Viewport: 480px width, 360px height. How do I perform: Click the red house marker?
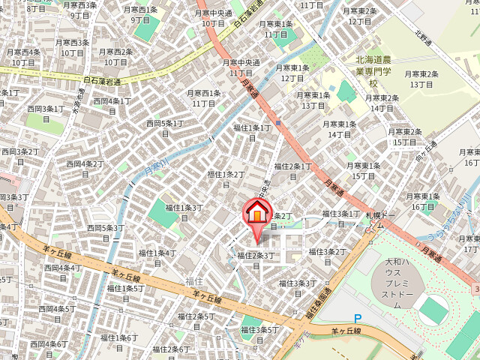point(256,212)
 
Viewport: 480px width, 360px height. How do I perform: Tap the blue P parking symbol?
point(357,319)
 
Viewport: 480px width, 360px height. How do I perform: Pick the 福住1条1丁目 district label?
point(253,133)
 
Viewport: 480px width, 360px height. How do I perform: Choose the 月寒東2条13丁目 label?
point(421,79)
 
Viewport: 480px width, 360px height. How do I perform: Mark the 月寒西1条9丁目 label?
point(141,15)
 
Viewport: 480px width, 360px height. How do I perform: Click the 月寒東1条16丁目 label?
point(423,202)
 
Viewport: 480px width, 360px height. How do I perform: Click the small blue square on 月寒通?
point(277,123)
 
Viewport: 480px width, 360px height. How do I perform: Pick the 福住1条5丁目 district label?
point(125,293)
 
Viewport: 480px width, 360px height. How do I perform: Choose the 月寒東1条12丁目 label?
point(292,73)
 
